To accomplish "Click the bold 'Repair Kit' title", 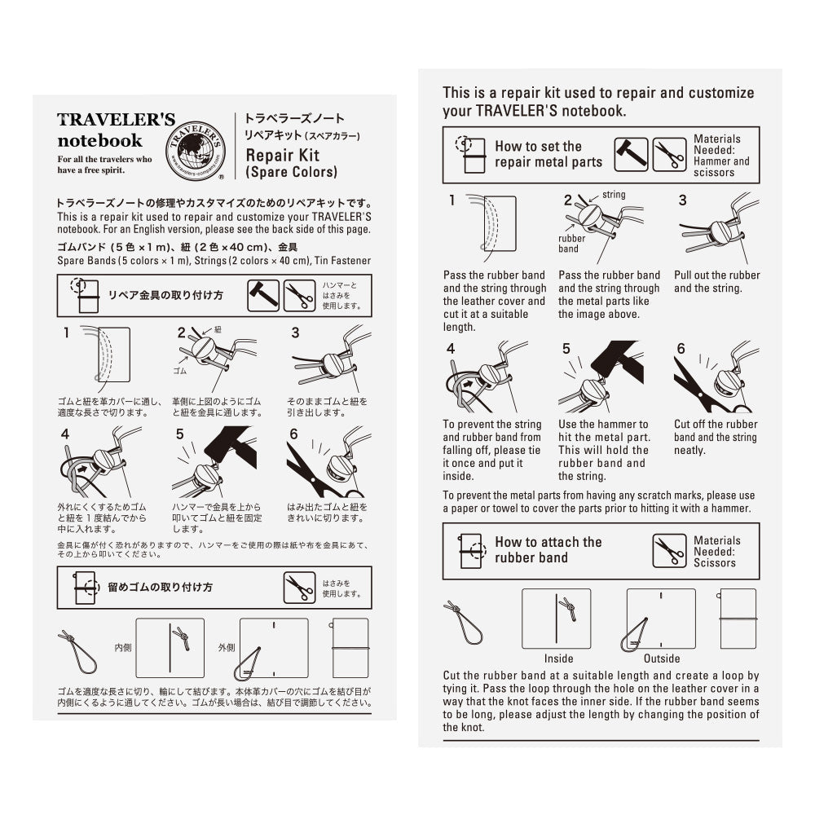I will tap(282, 155).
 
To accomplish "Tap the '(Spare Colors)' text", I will tap(291, 172).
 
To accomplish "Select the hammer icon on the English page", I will tap(631, 154).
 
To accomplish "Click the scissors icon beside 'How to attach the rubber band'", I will tap(669, 551).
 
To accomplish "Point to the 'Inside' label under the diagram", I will tap(558, 659).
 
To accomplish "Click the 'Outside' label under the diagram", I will tap(662, 659).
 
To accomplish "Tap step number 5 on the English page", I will tap(566, 349).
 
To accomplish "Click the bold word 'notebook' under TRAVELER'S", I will tap(99, 140).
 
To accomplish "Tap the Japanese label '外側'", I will tap(227, 648).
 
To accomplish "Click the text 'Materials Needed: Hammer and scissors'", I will tap(720, 156).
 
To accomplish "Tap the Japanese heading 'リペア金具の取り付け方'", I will tap(165, 294).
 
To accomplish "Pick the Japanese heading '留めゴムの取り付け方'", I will tap(160, 587).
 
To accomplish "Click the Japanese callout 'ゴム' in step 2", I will tap(180, 371).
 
